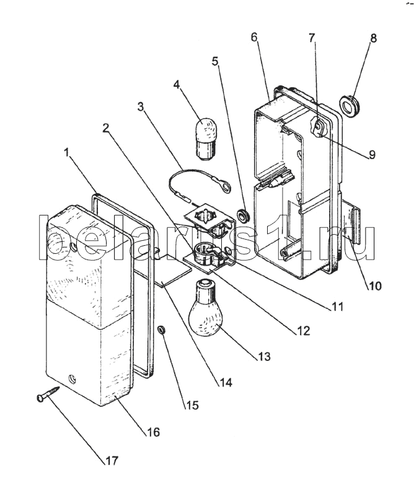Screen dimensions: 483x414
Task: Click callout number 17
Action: coord(111,461)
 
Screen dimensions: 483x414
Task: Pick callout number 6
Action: coord(255,37)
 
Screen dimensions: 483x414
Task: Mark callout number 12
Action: coord(302,330)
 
